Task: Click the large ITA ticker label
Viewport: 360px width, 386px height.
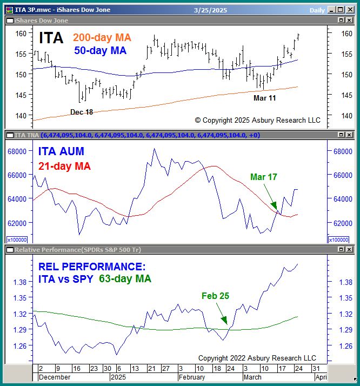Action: click(51, 38)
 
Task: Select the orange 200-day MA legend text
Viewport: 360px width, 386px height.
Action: click(102, 38)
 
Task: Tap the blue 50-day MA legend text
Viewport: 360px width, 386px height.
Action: click(100, 50)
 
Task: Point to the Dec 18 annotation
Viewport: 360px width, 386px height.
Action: click(82, 111)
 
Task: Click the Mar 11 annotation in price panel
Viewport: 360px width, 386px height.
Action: click(265, 98)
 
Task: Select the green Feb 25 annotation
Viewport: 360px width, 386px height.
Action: click(216, 296)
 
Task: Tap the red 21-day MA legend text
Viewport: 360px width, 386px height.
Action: click(64, 166)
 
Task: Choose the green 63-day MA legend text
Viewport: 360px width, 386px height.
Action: click(125, 279)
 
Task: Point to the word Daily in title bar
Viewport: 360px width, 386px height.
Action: click(317, 10)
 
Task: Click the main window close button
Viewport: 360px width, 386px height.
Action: click(350, 10)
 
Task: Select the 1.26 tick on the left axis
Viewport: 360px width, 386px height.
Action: click(20, 346)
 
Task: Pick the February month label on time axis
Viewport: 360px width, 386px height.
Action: click(192, 377)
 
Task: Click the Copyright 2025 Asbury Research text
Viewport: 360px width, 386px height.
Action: click(257, 120)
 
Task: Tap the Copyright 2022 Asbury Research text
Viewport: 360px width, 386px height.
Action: click(257, 358)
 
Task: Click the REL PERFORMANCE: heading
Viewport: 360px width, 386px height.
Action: click(91, 267)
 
